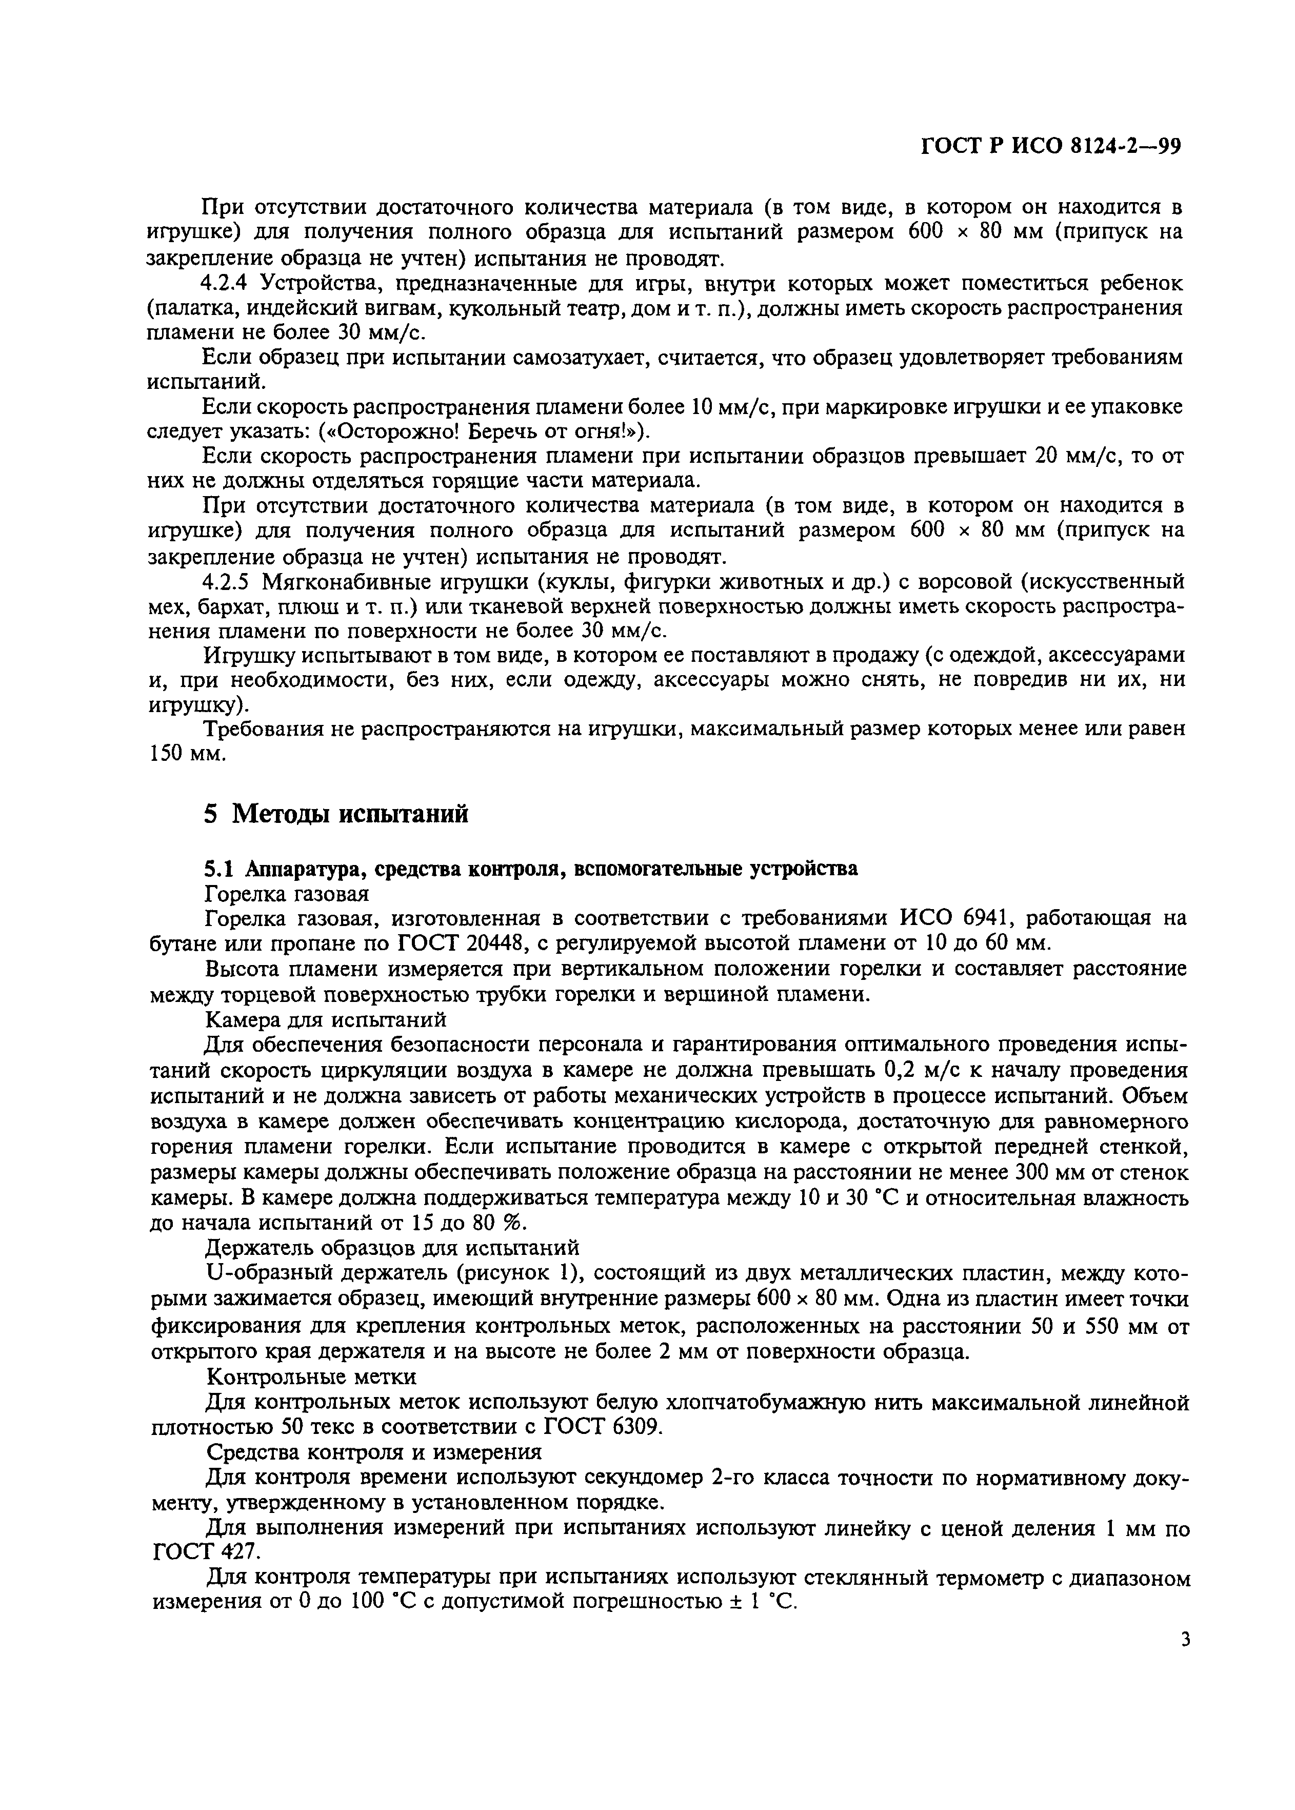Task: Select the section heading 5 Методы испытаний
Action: tap(336, 814)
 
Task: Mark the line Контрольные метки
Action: tap(310, 1376)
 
